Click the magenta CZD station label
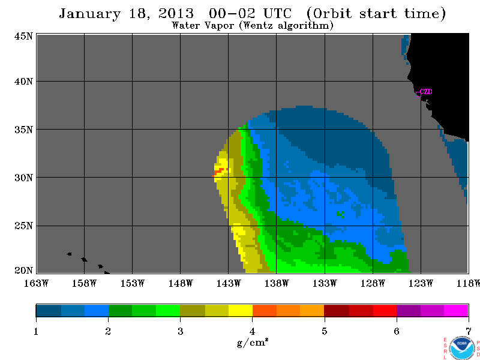tap(426, 92)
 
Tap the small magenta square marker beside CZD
tap(418, 94)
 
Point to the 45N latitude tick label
tap(23, 37)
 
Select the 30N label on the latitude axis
tap(23, 178)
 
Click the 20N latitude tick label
tap(23, 271)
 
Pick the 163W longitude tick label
tap(36, 283)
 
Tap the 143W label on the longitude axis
tap(229, 283)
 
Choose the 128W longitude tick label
tap(373, 283)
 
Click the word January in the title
tap(90, 14)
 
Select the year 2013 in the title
tap(176, 13)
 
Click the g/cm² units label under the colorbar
tap(253, 342)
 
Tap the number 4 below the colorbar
tap(252, 331)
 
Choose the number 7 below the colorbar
tap(469, 331)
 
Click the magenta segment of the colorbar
tap(456, 310)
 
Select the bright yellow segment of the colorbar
tap(241, 310)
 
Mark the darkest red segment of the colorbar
tap(337, 310)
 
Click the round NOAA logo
tap(462, 348)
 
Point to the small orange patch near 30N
tap(220, 172)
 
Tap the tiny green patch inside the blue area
tap(340, 214)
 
